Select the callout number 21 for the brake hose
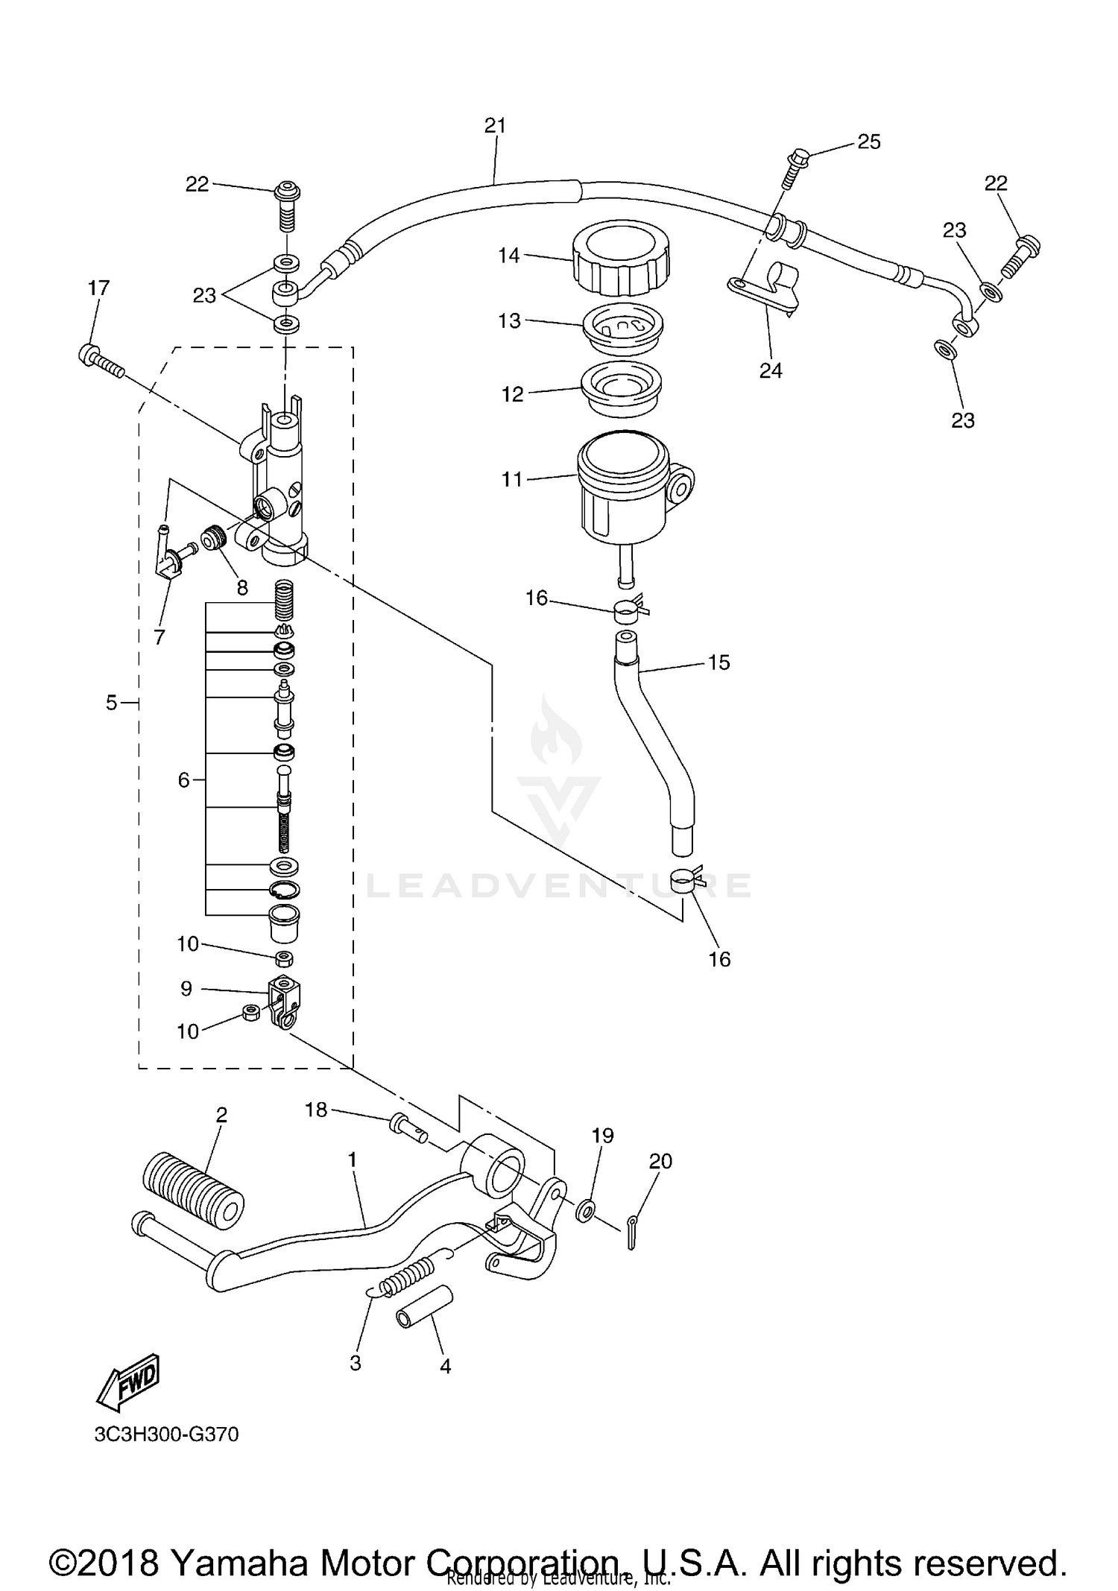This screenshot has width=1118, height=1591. (495, 126)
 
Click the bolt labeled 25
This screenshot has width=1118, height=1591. (795, 167)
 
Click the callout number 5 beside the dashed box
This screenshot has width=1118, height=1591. (111, 702)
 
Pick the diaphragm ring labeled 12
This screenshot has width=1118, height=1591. (622, 389)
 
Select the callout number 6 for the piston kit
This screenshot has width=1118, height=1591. (183, 780)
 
